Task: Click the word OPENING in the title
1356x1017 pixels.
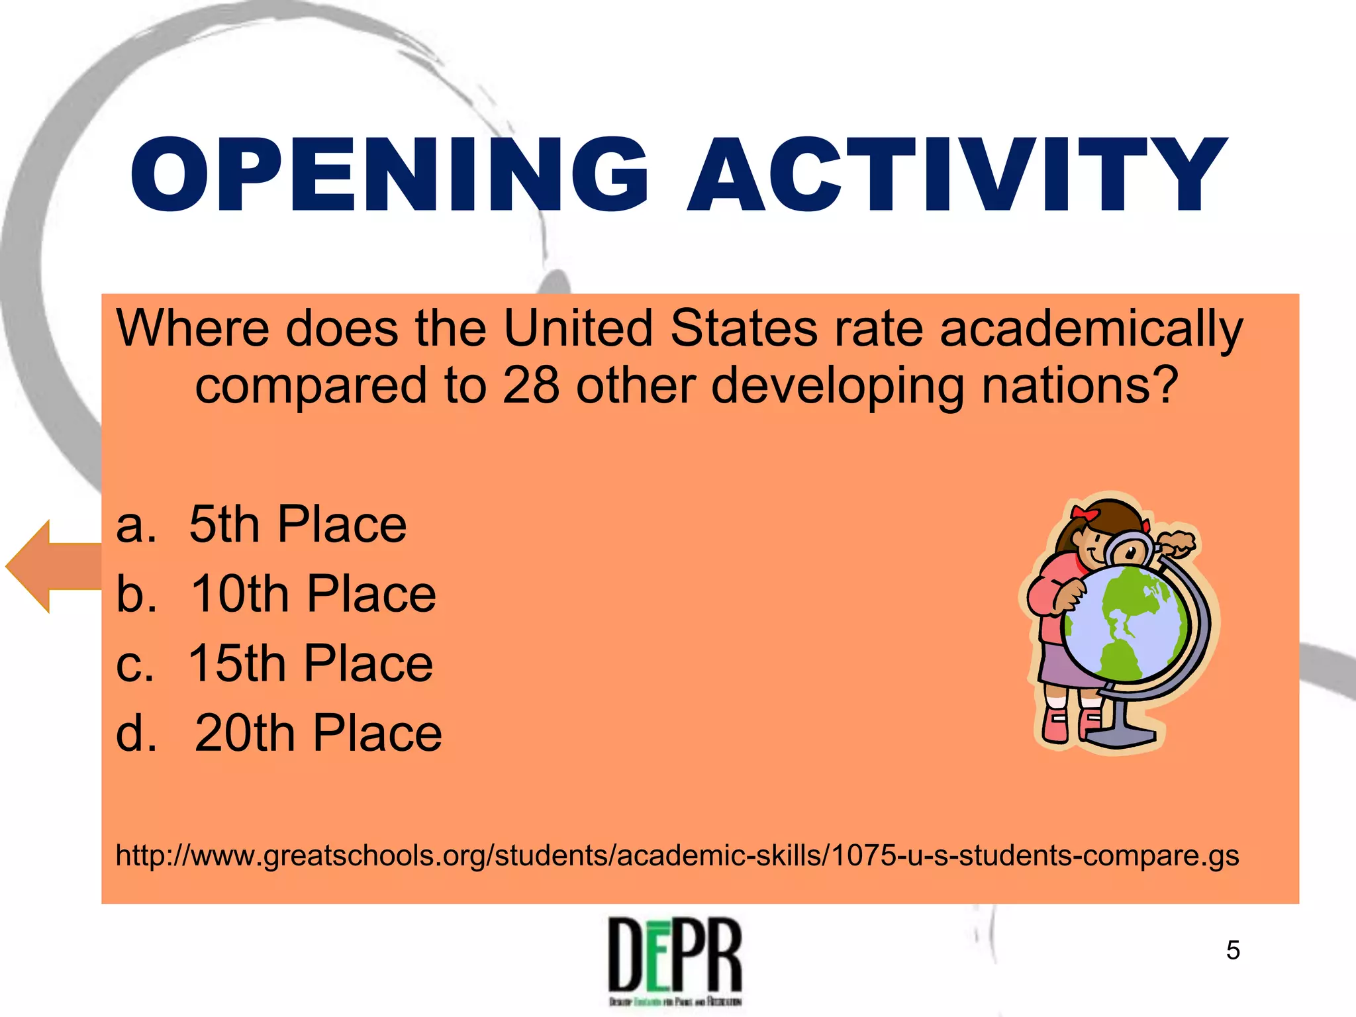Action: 389,175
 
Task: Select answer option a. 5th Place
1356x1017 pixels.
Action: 261,524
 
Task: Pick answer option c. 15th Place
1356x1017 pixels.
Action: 274,663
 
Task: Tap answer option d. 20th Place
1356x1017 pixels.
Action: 278,733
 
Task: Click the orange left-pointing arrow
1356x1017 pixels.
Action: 53,566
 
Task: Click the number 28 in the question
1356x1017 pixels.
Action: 530,385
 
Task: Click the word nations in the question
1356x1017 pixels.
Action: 1079,385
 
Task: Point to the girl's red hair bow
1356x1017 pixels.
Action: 1084,513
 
